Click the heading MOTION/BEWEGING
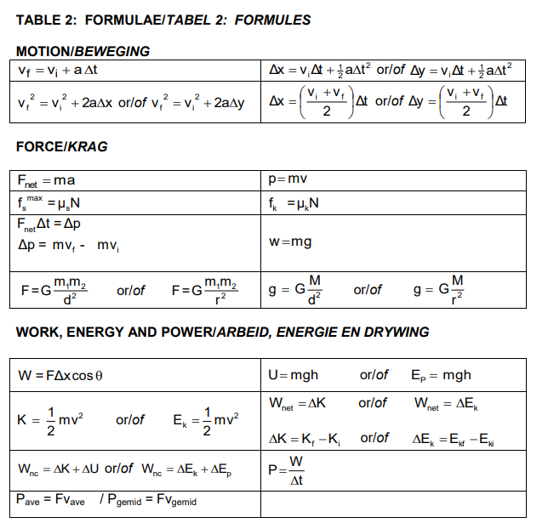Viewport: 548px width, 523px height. pos(83,51)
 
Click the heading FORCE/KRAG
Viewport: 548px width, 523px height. pos(61,147)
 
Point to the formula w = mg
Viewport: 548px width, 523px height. pos(290,242)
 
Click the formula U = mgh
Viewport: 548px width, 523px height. pos(293,375)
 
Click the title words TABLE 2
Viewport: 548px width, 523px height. pos(46,20)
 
